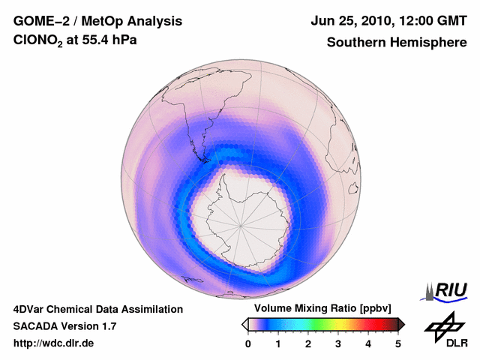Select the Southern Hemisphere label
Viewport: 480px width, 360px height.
pyautogui.click(x=396, y=43)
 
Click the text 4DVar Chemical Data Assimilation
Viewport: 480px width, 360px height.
pyautogui.click(x=97, y=309)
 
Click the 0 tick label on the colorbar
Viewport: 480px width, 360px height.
pyautogui.click(x=248, y=343)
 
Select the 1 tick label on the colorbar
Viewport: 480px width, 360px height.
pyautogui.click(x=278, y=343)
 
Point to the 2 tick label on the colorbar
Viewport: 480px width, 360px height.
pyautogui.click(x=308, y=343)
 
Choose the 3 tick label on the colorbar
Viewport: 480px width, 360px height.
pyautogui.click(x=338, y=343)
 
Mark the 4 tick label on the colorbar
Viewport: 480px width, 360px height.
pyautogui.click(x=368, y=343)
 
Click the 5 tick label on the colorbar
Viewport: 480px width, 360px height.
pyautogui.click(x=398, y=343)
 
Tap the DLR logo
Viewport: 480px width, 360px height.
pyautogui.click(x=445, y=330)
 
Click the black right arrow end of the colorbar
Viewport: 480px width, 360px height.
pyautogui.click(x=401, y=324)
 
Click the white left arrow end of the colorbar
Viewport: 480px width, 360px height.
pyautogui.click(x=244, y=324)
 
